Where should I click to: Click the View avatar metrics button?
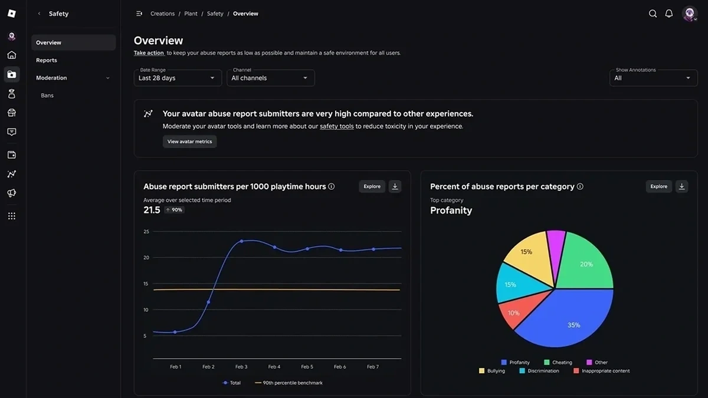click(189, 142)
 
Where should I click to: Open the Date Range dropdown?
click(178, 78)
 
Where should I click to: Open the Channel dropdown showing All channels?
click(270, 78)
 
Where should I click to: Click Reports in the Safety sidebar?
click(47, 60)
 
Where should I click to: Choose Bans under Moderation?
click(47, 96)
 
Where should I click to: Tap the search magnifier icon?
click(653, 14)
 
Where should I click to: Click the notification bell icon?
click(669, 14)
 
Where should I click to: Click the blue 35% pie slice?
click(566, 321)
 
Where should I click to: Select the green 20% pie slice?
click(584, 262)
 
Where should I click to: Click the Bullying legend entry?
click(492, 371)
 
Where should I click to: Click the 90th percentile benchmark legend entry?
click(289, 383)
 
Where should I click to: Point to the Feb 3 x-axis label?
click(241, 367)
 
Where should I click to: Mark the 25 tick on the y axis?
click(146, 232)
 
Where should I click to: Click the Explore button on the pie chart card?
click(658, 186)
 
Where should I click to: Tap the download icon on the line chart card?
click(395, 186)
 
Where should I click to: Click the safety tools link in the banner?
click(336, 126)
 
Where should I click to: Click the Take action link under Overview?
click(149, 53)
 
